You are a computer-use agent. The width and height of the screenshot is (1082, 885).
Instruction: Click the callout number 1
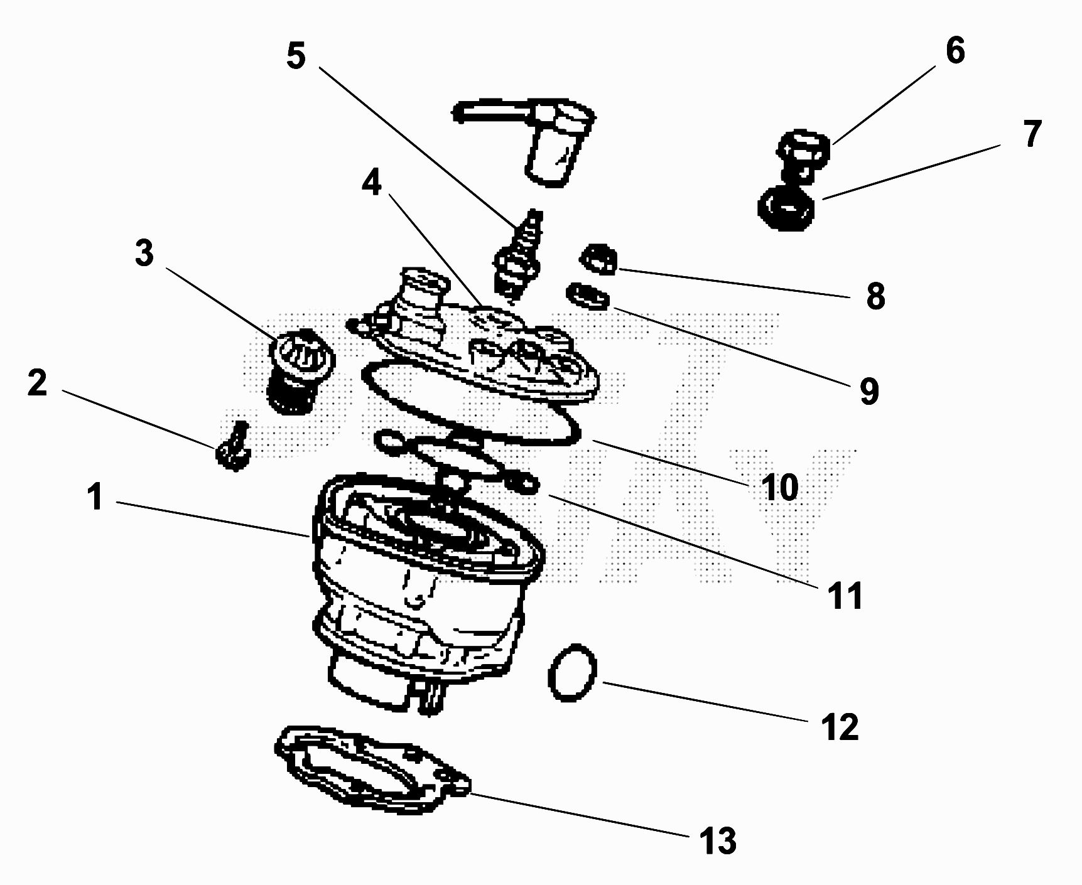coord(95,497)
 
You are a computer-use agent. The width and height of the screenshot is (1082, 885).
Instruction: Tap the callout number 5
coord(296,55)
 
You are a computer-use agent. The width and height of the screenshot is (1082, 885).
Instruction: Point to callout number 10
coord(779,486)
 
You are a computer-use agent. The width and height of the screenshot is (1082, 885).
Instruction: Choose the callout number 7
coord(1032,134)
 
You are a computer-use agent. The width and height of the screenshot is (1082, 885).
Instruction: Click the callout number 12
coord(840,727)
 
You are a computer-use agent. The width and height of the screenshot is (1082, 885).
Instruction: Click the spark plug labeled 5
coord(519,254)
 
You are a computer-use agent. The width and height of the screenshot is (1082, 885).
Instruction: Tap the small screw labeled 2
coord(233,447)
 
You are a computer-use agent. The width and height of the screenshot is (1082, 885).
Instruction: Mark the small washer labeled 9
coord(588,296)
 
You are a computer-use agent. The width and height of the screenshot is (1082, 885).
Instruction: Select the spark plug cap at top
coord(540,138)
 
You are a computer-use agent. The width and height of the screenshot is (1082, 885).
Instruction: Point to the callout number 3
coord(144,253)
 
